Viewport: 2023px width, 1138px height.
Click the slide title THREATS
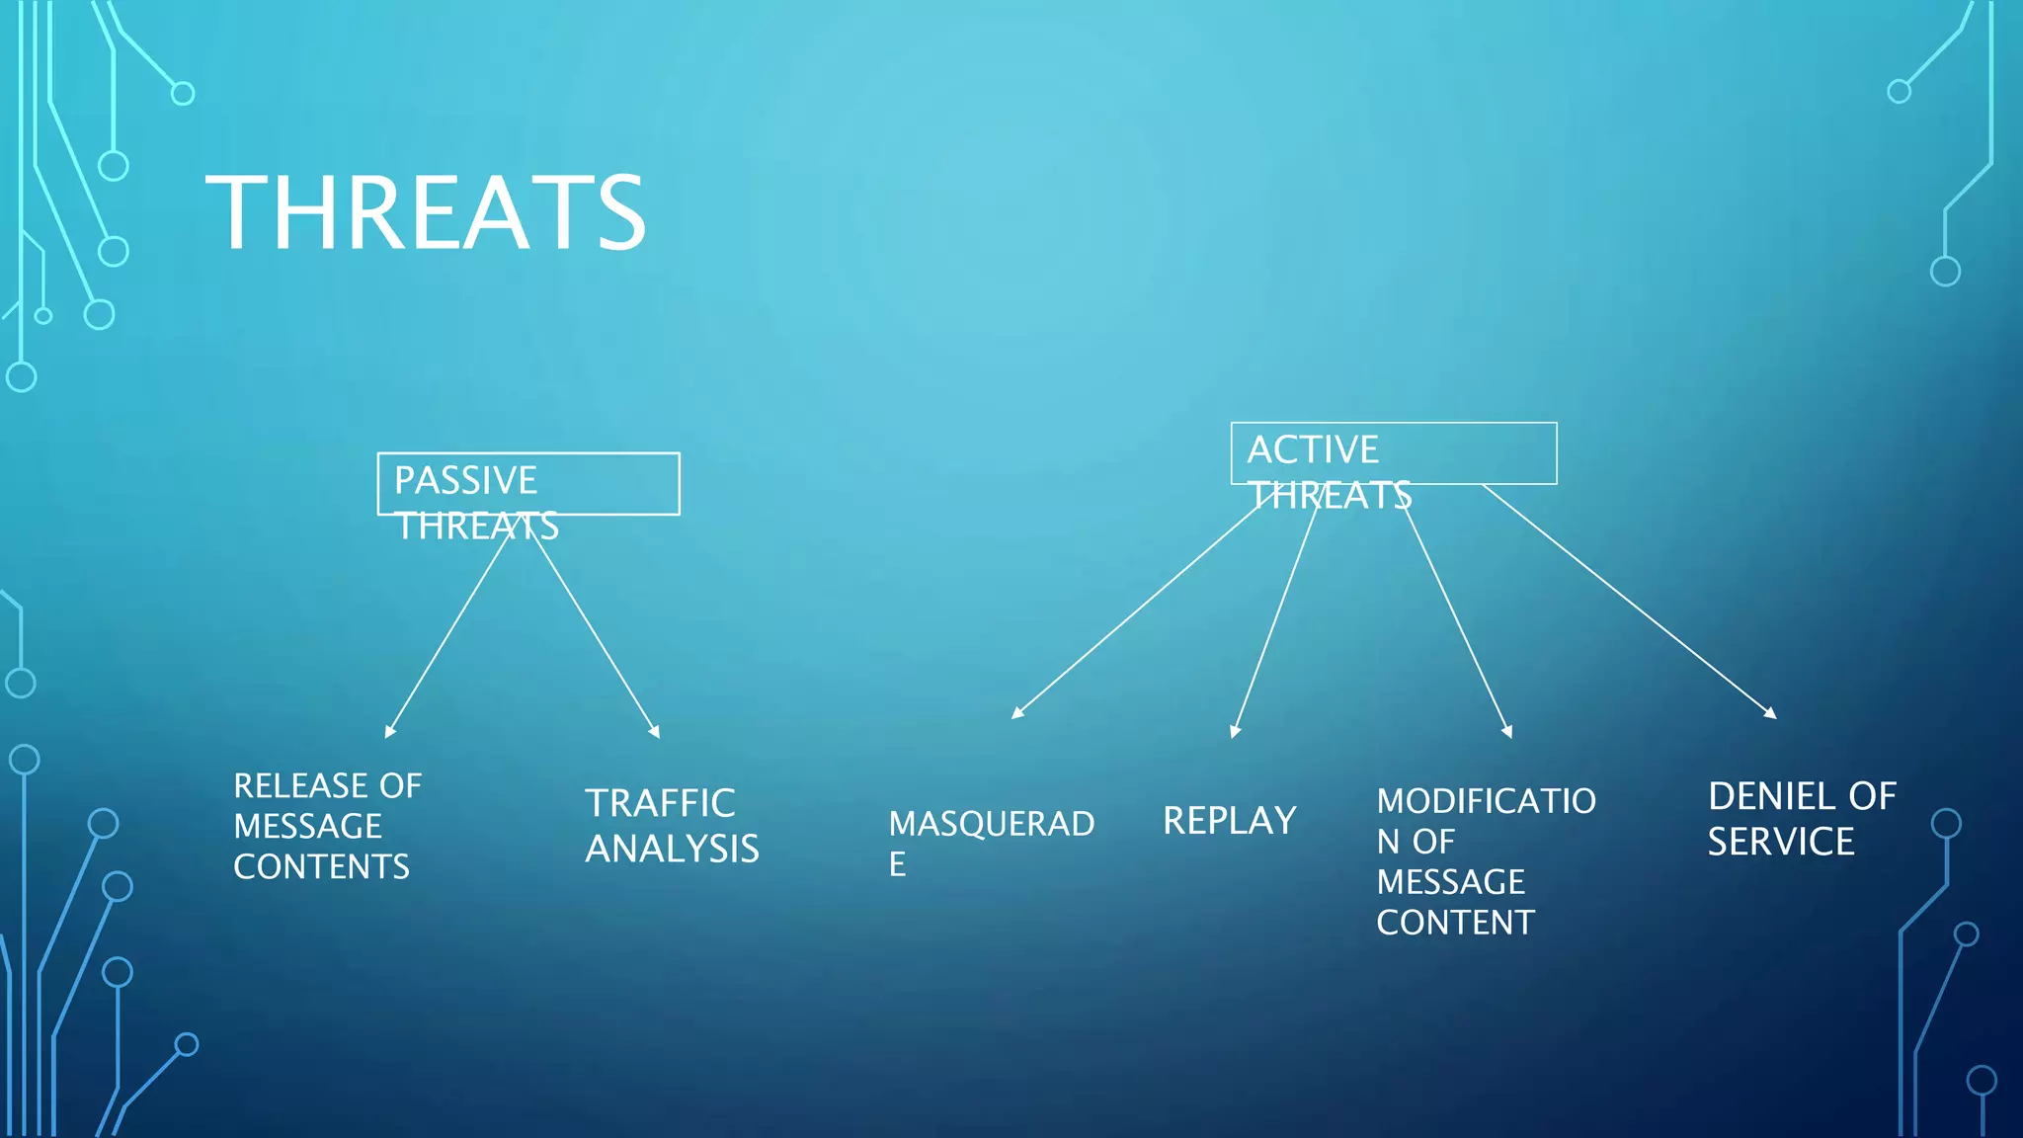pyautogui.click(x=426, y=213)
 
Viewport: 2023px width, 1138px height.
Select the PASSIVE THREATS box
pyautogui.click(x=528, y=484)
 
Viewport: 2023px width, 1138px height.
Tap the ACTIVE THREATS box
pyautogui.click(x=1393, y=453)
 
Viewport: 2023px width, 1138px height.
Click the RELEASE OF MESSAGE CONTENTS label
pyautogui.click(x=327, y=826)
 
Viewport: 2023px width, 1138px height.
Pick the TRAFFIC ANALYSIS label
pyautogui.click(x=672, y=826)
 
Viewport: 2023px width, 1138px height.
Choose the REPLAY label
pyautogui.click(x=1229, y=821)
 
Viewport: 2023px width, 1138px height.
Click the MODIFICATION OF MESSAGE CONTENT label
pyautogui.click(x=1486, y=860)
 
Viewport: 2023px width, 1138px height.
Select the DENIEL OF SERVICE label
pyautogui.click(x=1802, y=819)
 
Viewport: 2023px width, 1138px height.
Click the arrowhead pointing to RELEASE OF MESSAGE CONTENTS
pyautogui.click(x=389, y=732)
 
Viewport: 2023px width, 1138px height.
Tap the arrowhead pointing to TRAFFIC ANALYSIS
pyautogui.click(x=655, y=732)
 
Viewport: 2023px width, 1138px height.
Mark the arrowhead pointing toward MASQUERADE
pyautogui.click(x=1017, y=712)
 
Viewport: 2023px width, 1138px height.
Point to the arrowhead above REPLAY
pyautogui.click(x=1235, y=732)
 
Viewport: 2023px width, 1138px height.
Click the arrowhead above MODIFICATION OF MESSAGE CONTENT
pyautogui.click(x=1507, y=732)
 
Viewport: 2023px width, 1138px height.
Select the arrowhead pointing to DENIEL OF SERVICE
pyautogui.click(x=1771, y=712)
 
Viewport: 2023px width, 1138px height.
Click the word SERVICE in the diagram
pyautogui.click(x=1781, y=842)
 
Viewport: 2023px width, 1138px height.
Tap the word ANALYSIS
pyautogui.click(x=672, y=849)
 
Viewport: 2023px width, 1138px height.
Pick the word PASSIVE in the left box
pyautogui.click(x=465, y=481)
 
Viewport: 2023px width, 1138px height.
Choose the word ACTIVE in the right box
pyautogui.click(x=1313, y=450)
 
